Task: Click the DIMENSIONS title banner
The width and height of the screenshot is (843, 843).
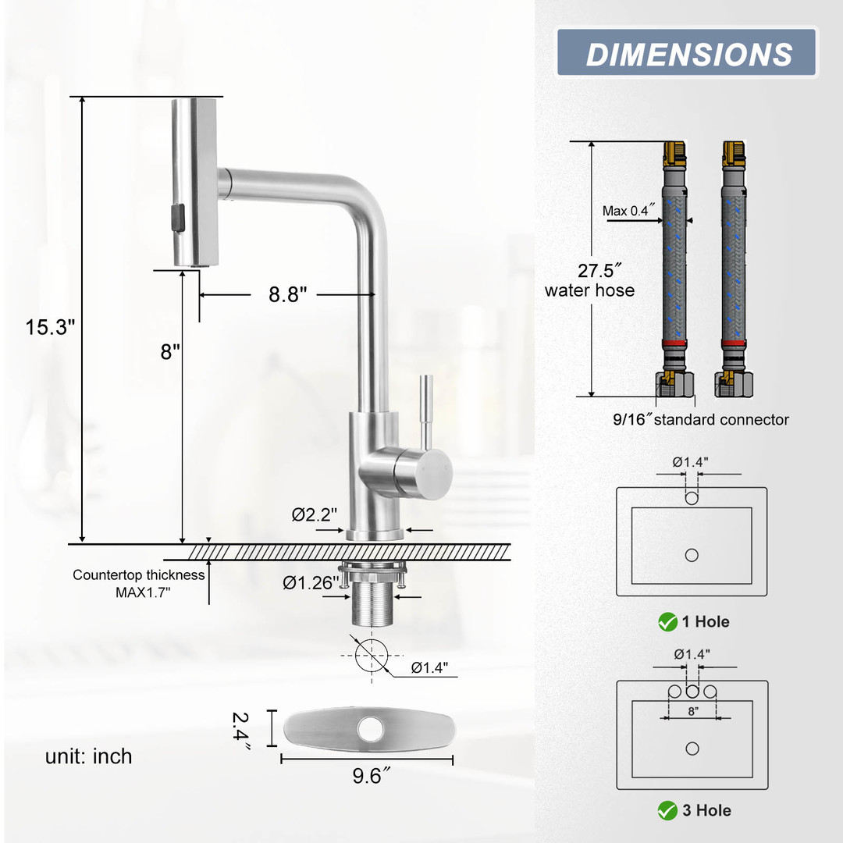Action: pos(687,52)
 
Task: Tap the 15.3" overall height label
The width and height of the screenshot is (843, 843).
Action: pos(50,327)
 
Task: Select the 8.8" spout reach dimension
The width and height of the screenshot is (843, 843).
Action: pos(287,294)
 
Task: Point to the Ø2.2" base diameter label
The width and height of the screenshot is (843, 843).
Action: pos(315,514)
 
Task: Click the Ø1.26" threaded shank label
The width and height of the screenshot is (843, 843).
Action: pos(311,583)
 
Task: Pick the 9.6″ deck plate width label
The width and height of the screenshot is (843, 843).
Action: pos(371,776)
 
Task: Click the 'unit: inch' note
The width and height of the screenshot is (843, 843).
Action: pos(89,756)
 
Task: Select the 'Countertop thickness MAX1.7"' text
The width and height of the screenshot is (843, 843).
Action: pos(139,583)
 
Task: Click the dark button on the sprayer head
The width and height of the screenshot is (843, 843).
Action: pos(177,218)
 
